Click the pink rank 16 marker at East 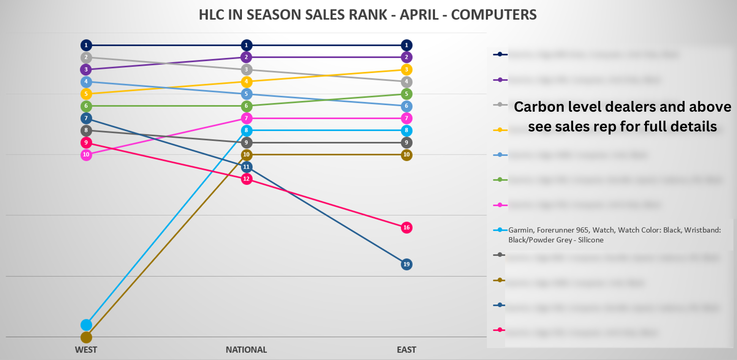[x=406, y=227]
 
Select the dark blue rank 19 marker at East [x=406, y=264]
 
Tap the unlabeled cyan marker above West [x=86, y=325]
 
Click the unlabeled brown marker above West [x=86, y=337]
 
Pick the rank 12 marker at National [x=247, y=179]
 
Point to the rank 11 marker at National [x=247, y=167]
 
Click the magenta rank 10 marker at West [x=86, y=155]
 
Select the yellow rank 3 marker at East [x=406, y=69]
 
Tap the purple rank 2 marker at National [x=247, y=57]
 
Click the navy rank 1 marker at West [x=86, y=45]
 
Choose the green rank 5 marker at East [x=406, y=94]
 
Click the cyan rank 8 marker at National [x=247, y=130]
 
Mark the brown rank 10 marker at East [x=406, y=155]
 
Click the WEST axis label [x=86, y=350]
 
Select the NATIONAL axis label [x=246, y=350]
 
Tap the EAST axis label [x=406, y=350]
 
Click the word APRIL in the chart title [x=417, y=15]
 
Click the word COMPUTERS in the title [x=493, y=15]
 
